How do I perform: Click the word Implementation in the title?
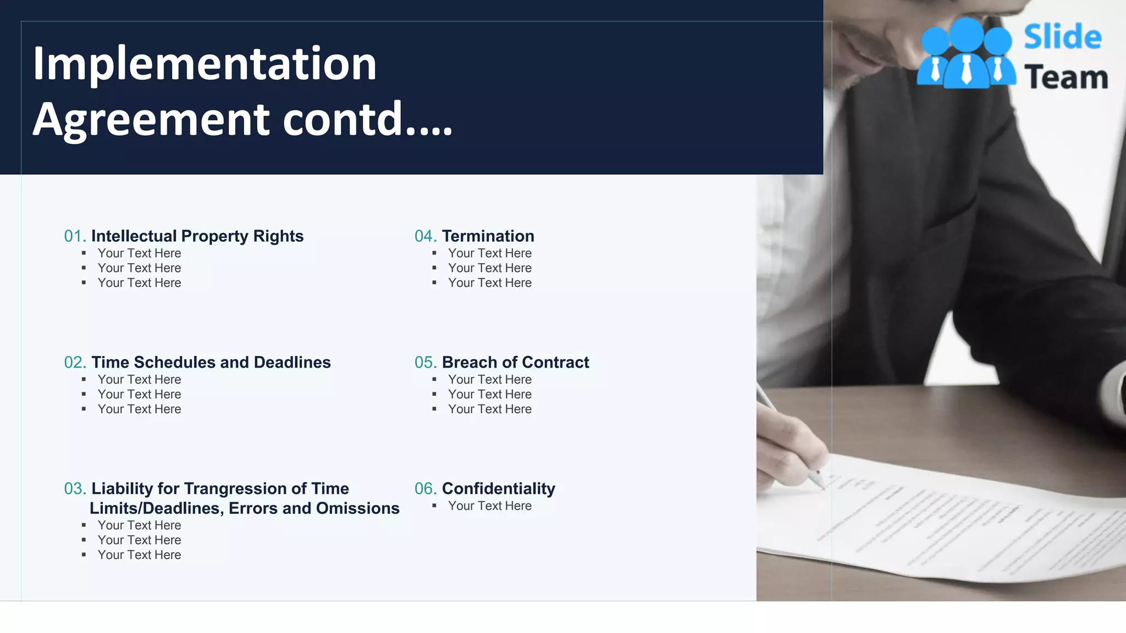pyautogui.click(x=205, y=64)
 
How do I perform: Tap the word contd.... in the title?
pyautogui.click(x=367, y=119)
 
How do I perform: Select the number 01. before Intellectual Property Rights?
pyautogui.click(x=75, y=236)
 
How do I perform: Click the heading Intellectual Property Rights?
pyautogui.click(x=197, y=236)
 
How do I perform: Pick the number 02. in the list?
pyautogui.click(x=75, y=363)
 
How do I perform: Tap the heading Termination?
pyautogui.click(x=488, y=236)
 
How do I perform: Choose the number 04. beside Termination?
pyautogui.click(x=426, y=236)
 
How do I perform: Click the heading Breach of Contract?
pyautogui.click(x=515, y=363)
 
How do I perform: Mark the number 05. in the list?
pyautogui.click(x=426, y=363)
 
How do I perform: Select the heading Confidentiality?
pyautogui.click(x=498, y=489)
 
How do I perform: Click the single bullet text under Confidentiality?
pyautogui.click(x=489, y=506)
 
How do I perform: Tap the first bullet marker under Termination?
pyautogui.click(x=434, y=253)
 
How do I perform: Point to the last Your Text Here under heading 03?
pyautogui.click(x=139, y=555)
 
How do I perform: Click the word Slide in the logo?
pyautogui.click(x=1062, y=37)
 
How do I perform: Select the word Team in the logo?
pyautogui.click(x=1066, y=77)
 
